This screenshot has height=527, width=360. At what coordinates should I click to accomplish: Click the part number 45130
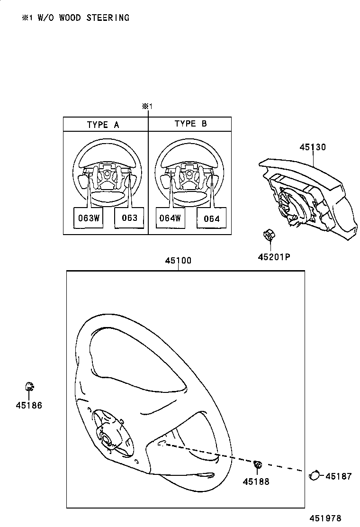(x=313, y=147)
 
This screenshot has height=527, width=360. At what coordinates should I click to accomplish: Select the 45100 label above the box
(x=178, y=261)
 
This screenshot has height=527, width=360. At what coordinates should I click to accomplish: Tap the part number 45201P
(x=274, y=257)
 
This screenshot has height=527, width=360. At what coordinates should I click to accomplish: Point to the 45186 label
(x=29, y=406)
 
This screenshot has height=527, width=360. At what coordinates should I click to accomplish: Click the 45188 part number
(x=256, y=482)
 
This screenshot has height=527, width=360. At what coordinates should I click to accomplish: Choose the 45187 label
(x=339, y=476)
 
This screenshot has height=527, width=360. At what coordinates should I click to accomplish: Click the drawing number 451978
(x=325, y=518)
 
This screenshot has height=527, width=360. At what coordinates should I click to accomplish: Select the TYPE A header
(x=103, y=125)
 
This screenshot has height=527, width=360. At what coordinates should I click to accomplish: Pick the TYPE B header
(x=190, y=124)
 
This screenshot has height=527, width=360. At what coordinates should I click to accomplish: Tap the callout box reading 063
(x=129, y=218)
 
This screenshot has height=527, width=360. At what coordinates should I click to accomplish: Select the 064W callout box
(x=170, y=218)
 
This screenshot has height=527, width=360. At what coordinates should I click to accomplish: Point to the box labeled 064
(x=211, y=218)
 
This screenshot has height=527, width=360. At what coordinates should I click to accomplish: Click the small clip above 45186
(x=29, y=386)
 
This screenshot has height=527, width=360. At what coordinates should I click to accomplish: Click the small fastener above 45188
(x=258, y=465)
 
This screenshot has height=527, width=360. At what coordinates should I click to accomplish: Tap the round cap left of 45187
(x=314, y=474)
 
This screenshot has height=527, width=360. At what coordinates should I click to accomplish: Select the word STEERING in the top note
(x=110, y=18)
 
